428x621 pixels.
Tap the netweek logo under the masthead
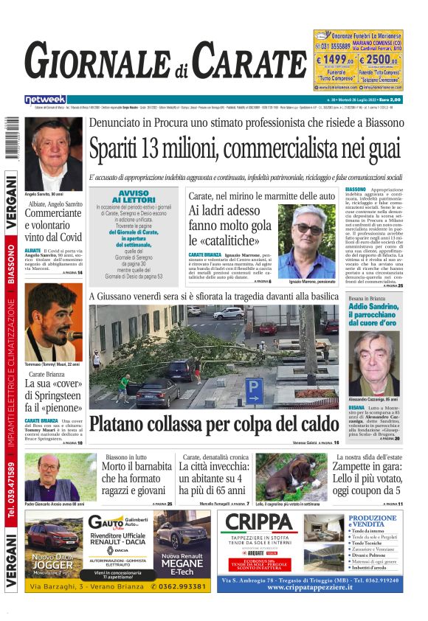click(x=45, y=100)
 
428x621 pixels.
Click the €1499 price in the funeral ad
click(x=335, y=59)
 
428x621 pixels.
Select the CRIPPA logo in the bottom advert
click(x=259, y=523)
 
